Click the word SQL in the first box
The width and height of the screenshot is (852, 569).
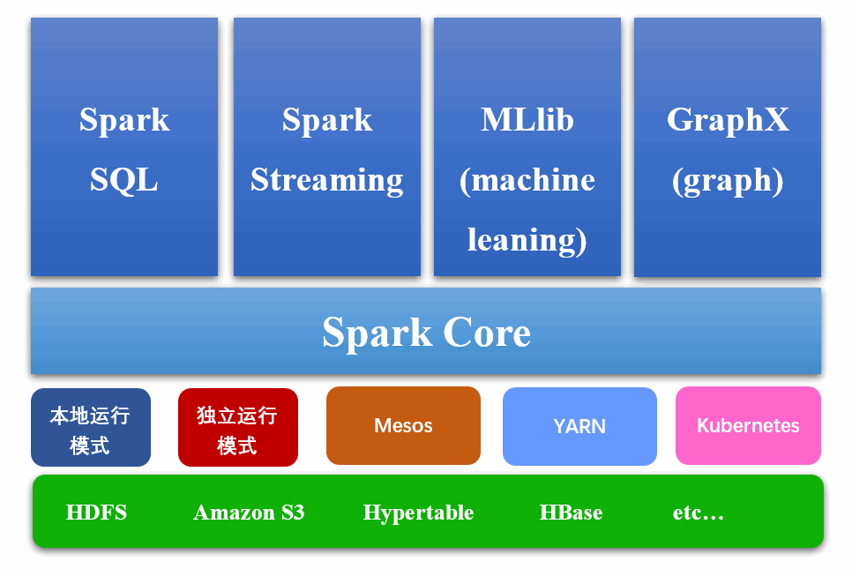(123, 180)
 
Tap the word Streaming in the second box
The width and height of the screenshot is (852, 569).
(326, 180)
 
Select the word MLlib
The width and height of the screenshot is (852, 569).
(527, 120)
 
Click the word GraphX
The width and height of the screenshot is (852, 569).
(728, 120)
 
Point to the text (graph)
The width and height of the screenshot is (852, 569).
(728, 180)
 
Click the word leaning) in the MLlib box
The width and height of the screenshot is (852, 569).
(527, 239)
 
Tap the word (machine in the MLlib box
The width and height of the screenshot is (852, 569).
(527, 180)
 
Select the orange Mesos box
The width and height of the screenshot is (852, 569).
(403, 425)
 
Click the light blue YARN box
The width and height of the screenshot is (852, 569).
(579, 425)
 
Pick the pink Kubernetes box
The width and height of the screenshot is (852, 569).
(748, 425)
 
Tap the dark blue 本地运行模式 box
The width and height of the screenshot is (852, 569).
(90, 428)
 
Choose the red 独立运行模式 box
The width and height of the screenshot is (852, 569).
(237, 428)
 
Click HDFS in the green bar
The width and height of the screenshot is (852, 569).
(96, 513)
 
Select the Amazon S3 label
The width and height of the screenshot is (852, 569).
(249, 513)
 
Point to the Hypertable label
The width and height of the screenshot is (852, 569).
(418, 513)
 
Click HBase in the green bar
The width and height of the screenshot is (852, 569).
(571, 513)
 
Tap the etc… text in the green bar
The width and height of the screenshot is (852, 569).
(698, 513)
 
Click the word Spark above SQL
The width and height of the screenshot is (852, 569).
(123, 120)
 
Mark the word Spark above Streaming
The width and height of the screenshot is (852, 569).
(326, 120)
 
